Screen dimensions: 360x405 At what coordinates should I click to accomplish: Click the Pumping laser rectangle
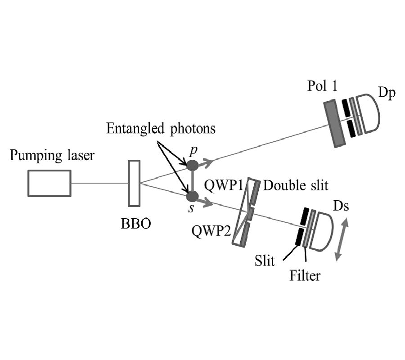[49, 183]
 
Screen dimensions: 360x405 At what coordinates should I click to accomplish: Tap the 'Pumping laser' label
[53, 156]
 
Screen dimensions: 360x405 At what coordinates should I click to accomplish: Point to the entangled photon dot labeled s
[193, 197]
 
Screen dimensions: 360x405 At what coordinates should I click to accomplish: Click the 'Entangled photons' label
[161, 129]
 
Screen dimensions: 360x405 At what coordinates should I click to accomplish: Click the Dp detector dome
[369, 113]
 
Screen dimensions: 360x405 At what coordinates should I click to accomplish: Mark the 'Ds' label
[341, 206]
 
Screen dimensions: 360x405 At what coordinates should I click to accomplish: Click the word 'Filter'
[305, 274]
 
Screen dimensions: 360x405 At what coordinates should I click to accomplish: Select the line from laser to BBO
[99, 183]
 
